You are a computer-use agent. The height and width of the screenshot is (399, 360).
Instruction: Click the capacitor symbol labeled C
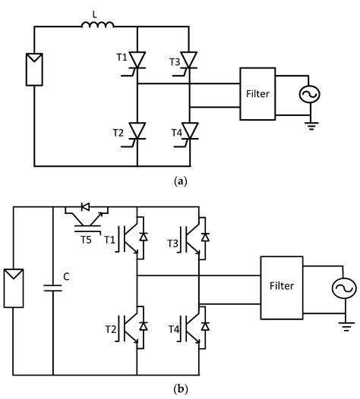click(52, 287)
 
